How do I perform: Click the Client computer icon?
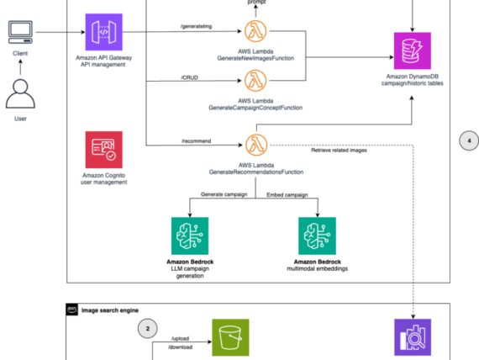pos(20,33)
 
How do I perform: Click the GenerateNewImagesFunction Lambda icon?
pos(255,33)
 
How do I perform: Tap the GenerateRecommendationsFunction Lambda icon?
pos(255,143)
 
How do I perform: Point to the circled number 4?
pos(468,140)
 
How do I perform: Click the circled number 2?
pos(148,328)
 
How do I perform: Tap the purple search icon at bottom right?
pos(413,340)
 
